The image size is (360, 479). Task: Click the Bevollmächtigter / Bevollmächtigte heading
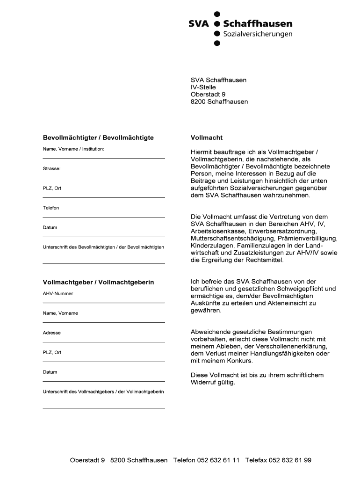(x=98, y=138)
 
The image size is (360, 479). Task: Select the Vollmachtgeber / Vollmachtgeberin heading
(x=98, y=283)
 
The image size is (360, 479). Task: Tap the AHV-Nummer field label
(x=58, y=294)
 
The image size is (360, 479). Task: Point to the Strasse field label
(x=52, y=168)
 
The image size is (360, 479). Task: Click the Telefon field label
(x=51, y=208)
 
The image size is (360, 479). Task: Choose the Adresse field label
(x=52, y=333)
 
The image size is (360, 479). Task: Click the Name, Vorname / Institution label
(x=73, y=149)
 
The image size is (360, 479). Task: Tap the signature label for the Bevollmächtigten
(x=103, y=247)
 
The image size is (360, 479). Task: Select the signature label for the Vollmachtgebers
(x=103, y=392)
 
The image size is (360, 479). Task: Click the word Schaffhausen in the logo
(x=258, y=24)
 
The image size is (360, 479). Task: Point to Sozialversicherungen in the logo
(x=258, y=34)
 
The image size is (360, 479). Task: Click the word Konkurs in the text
(x=238, y=361)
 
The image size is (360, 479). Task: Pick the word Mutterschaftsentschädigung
(x=229, y=238)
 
